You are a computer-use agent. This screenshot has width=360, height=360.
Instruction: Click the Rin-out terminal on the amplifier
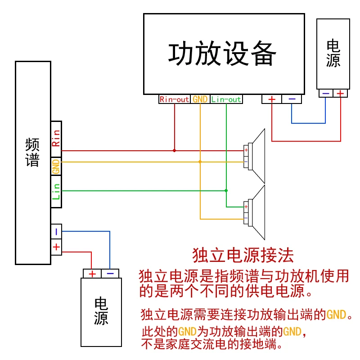[x=175, y=99]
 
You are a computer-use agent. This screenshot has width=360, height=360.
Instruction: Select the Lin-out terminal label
[x=226, y=99]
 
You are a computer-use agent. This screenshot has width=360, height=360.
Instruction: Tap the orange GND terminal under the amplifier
[x=200, y=99]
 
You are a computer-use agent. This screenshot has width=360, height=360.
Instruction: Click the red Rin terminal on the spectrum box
[x=56, y=139]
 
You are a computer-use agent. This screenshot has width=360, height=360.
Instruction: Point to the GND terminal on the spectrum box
[x=56, y=166]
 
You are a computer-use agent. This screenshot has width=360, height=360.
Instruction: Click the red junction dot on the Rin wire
[x=175, y=151]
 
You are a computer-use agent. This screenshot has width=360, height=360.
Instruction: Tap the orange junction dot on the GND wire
[x=200, y=162]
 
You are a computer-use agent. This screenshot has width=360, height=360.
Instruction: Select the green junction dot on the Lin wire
[x=226, y=190]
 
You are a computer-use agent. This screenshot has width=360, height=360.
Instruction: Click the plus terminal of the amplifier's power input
[x=272, y=99]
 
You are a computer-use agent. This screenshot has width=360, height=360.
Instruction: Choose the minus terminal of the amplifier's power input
[x=292, y=99]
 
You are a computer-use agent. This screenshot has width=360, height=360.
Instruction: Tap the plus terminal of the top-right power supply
[x=340, y=94]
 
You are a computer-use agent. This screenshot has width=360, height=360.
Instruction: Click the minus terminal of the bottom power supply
[x=110, y=274]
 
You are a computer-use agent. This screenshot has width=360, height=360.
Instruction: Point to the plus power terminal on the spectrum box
[x=56, y=247]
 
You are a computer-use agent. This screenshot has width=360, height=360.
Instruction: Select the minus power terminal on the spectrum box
[x=56, y=232]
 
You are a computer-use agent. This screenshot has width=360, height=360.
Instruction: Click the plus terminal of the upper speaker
[x=246, y=150]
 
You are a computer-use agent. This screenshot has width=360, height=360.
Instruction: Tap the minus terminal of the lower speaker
[x=246, y=218]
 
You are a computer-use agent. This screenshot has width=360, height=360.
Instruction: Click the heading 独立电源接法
[x=243, y=255]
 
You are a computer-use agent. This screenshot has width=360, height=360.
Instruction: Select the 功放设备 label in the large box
[x=222, y=54]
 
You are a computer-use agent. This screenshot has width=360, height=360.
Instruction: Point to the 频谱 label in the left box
[x=32, y=152]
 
